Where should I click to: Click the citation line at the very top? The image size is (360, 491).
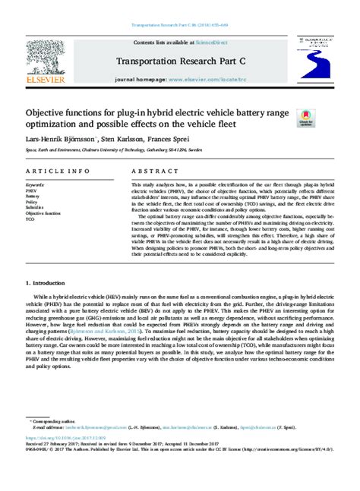click(x=180, y=5)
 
